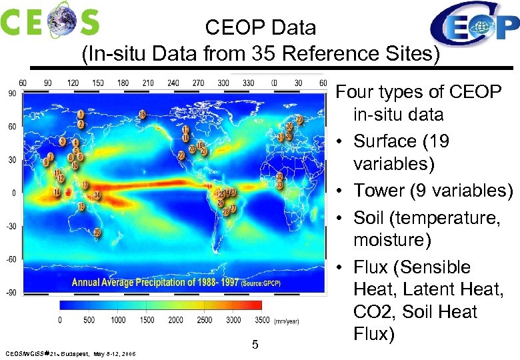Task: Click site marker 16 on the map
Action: pos(142,114)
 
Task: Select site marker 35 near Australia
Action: pos(97,233)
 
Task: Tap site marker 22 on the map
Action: pos(181,155)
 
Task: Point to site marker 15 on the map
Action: pos(81,207)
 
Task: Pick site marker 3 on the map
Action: pos(62,141)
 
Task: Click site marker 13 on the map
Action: pos(85,184)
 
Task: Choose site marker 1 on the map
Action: pos(81,115)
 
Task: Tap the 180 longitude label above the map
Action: pos(122,83)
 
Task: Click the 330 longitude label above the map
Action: pos(248,83)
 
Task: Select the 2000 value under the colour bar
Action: pos(175,320)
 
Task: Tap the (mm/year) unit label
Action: pos(287,321)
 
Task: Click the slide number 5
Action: pos(255,345)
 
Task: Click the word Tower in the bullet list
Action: pos(381,191)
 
